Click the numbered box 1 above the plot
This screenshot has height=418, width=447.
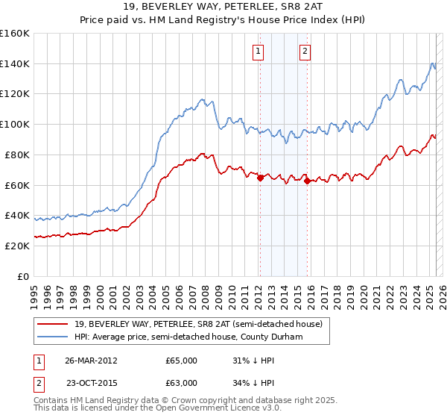(x=258, y=52)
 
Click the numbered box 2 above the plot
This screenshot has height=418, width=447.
(x=305, y=52)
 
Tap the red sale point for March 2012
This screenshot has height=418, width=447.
(x=260, y=178)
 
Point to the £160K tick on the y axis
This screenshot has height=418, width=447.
(x=15, y=34)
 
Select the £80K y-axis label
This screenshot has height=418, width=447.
(x=17, y=155)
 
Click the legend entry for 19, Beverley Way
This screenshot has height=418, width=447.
(x=198, y=324)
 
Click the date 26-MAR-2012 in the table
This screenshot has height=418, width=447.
(x=91, y=361)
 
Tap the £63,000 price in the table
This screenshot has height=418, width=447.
(x=181, y=383)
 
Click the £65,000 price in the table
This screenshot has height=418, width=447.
(x=181, y=361)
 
